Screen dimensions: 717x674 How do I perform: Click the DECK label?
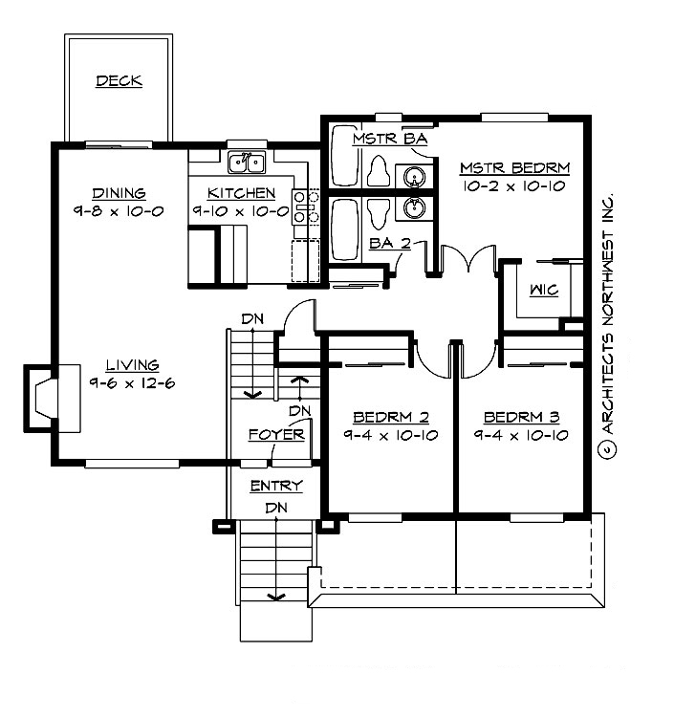[119, 81]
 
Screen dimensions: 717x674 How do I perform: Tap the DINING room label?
[119, 191]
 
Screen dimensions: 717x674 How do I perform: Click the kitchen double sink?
[247, 163]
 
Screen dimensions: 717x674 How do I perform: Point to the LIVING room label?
[132, 364]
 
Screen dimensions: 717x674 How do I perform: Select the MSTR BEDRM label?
[514, 168]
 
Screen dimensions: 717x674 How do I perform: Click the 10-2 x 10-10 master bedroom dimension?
[514, 186]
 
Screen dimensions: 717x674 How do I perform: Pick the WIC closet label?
[541, 289]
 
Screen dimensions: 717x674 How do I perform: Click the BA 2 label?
[389, 244]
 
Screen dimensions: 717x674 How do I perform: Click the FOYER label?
[276, 435]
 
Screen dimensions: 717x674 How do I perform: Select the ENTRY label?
[276, 486]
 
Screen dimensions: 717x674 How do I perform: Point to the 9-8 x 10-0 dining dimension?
[119, 210]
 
